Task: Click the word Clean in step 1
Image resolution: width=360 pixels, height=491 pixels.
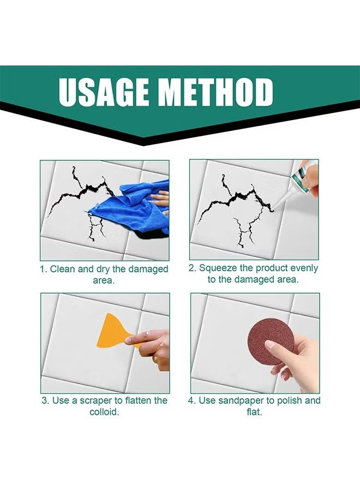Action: tap(63, 269)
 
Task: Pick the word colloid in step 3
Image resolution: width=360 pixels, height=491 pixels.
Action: tap(104, 411)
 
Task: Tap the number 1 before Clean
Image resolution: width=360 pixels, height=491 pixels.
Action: tap(43, 269)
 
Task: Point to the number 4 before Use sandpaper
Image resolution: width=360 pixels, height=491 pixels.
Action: tap(191, 400)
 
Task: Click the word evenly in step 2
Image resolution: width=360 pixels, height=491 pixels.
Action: tap(304, 268)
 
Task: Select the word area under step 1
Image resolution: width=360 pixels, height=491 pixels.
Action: tap(104, 280)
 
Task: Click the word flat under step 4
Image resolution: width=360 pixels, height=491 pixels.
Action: tap(254, 411)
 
